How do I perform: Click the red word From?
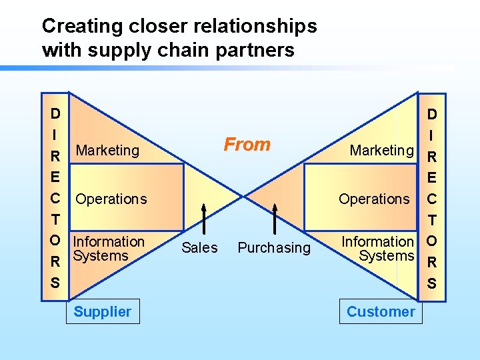[247, 144]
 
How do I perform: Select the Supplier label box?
[103, 311]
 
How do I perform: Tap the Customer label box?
[381, 311]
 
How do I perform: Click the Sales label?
[199, 247]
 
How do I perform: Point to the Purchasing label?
[274, 247]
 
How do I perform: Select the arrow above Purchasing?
[275, 217]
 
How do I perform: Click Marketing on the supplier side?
[107, 150]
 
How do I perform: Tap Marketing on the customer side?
[382, 150]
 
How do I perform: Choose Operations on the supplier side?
[111, 199]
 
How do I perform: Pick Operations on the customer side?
[374, 199]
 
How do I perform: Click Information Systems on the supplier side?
[108, 248]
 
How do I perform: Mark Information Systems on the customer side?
[378, 248]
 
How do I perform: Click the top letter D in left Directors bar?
[55, 113]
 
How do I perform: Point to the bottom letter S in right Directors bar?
[431, 283]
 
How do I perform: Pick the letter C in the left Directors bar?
[55, 198]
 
